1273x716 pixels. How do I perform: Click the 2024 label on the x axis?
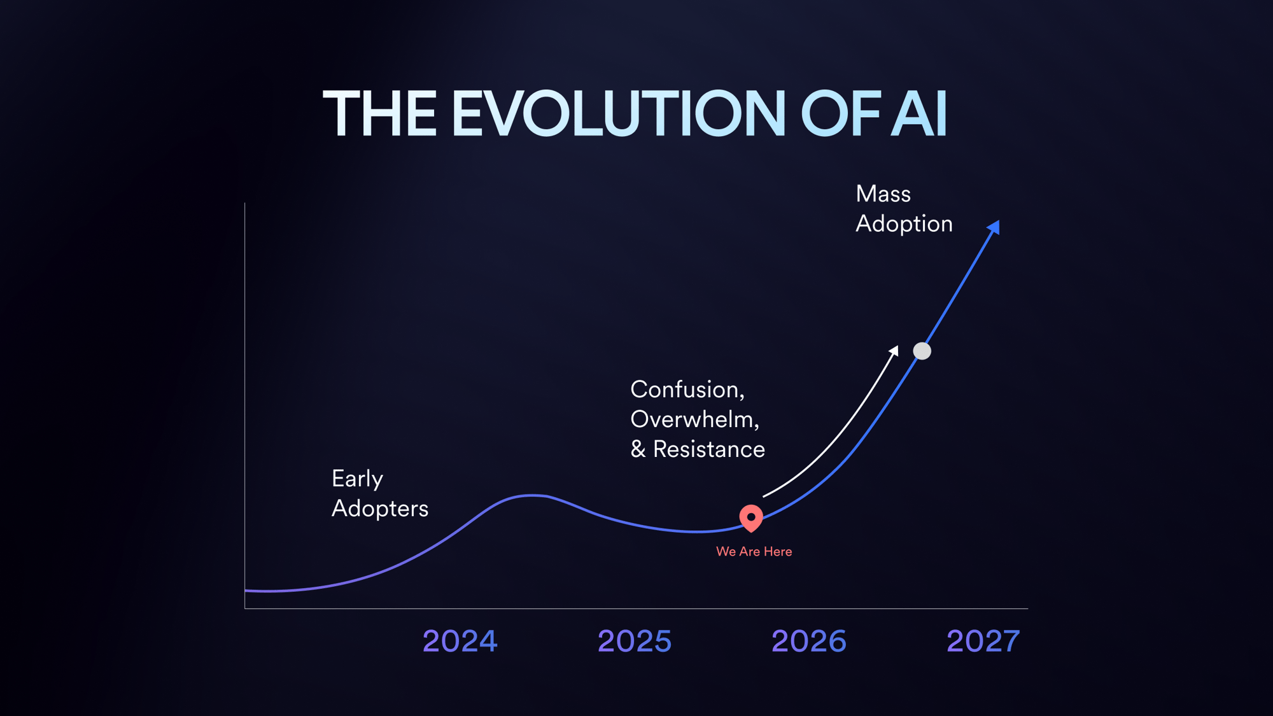click(x=460, y=641)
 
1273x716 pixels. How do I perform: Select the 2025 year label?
click(x=635, y=641)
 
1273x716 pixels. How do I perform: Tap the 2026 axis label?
click(x=809, y=641)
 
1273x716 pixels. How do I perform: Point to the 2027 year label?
click(x=983, y=641)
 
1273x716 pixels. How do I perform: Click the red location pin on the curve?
click(x=751, y=517)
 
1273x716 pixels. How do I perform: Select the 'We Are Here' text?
click(x=754, y=552)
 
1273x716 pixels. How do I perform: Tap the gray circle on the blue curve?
click(x=922, y=351)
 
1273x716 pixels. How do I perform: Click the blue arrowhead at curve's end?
click(x=994, y=227)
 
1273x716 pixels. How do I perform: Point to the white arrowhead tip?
click(x=895, y=349)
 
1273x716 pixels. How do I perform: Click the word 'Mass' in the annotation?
click(x=883, y=194)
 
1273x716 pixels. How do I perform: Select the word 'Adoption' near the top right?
click(x=904, y=224)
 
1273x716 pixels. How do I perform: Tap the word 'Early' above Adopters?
click(x=357, y=479)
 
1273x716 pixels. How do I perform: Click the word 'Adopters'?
click(x=380, y=509)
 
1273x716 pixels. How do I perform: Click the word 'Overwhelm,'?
click(x=694, y=419)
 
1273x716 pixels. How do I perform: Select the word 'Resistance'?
click(x=709, y=449)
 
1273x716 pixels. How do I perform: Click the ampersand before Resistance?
click(x=638, y=449)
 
